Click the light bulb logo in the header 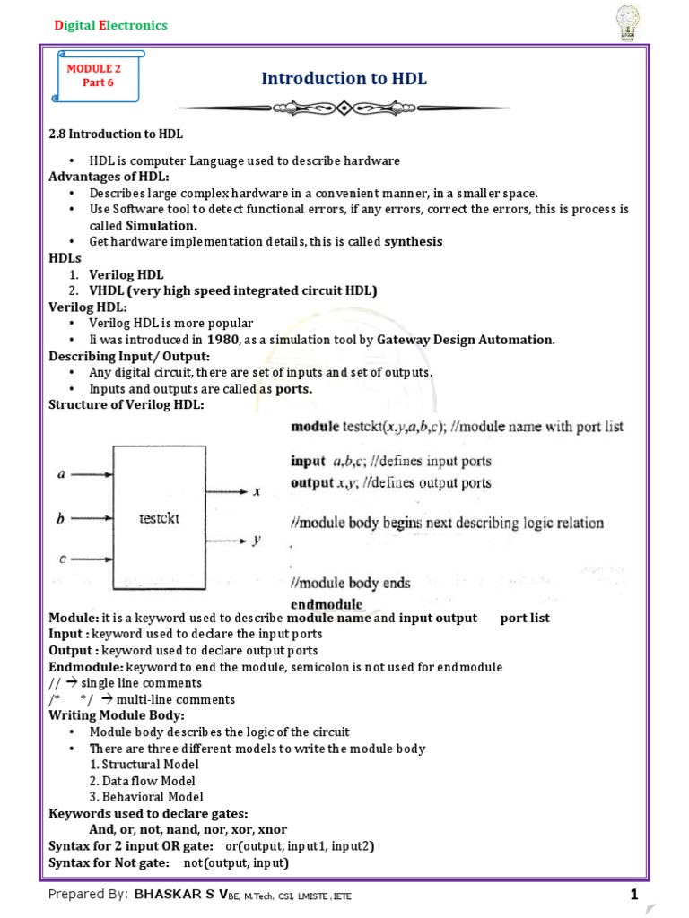pyautogui.click(x=626, y=21)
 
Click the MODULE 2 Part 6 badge pyautogui.click(x=89, y=76)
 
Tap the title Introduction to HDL pyautogui.click(x=344, y=79)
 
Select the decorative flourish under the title pyautogui.click(x=344, y=108)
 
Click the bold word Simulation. pyautogui.click(x=161, y=225)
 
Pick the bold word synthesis pyautogui.click(x=414, y=241)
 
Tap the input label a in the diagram pyautogui.click(x=61, y=475)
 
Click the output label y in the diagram pyautogui.click(x=257, y=541)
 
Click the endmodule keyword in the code pyautogui.click(x=327, y=604)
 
